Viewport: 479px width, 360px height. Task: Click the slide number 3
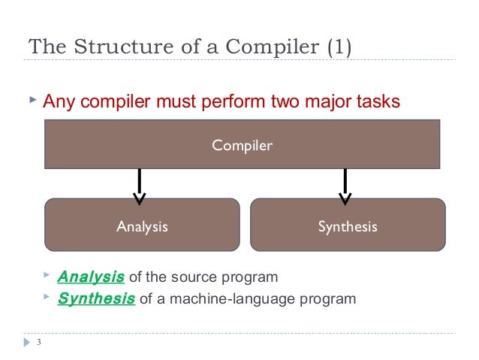[38, 345]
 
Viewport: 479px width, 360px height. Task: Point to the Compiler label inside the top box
[242, 145]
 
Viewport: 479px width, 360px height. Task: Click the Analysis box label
[142, 225]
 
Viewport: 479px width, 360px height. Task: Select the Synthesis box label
[347, 225]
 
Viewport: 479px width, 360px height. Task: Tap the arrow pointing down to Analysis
[140, 186]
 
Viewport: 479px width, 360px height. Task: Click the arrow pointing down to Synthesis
[345, 186]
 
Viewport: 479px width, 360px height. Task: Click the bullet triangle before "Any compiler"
[31, 100]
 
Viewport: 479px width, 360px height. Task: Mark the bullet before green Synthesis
[47, 298]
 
